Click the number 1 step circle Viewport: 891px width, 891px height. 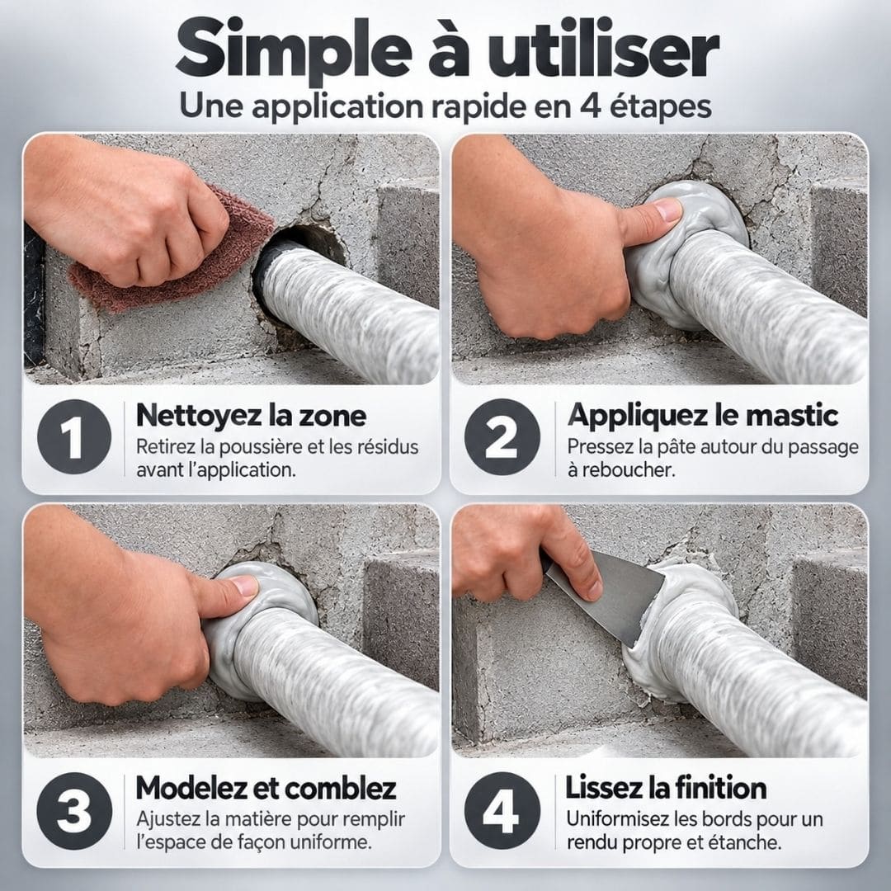coord(74,436)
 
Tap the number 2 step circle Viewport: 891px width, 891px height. coord(502,436)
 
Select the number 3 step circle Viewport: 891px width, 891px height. coord(74,811)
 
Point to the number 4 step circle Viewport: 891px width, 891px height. coord(502,811)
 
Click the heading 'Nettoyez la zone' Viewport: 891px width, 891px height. coord(251,415)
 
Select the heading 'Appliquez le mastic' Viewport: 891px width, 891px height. coord(703,415)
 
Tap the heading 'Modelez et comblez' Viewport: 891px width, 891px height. coord(266,788)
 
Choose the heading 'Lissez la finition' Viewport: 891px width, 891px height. coord(666,788)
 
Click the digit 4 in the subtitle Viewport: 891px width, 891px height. coord(592,106)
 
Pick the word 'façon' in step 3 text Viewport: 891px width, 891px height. coord(258,843)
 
